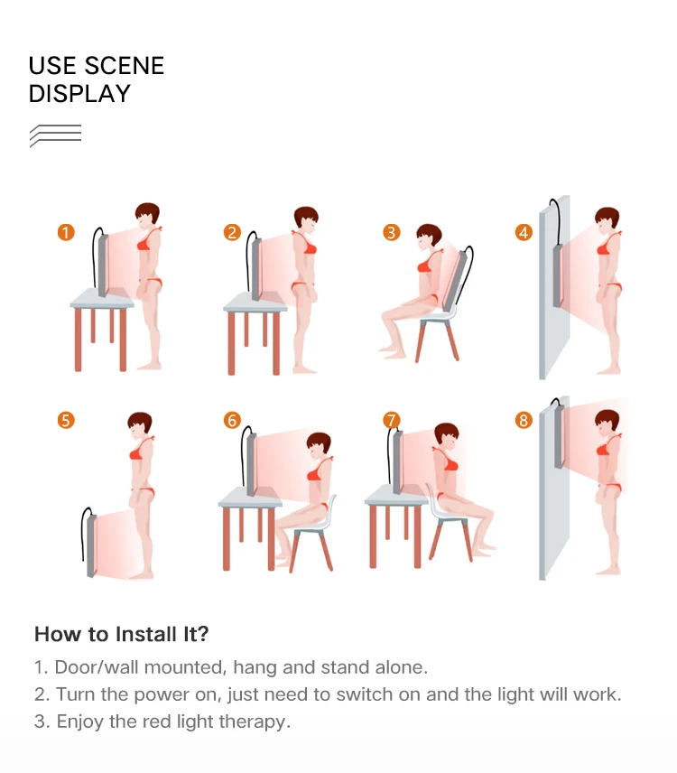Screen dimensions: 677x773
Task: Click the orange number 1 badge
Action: click(x=66, y=232)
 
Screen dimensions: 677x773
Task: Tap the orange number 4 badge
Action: click(x=524, y=232)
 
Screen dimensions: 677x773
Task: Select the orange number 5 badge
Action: click(x=66, y=421)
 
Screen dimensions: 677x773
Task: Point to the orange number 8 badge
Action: click(x=524, y=421)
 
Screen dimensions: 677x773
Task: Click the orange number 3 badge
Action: click(x=391, y=232)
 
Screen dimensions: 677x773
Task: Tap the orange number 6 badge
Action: click(x=232, y=421)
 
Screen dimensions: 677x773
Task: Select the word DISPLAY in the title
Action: click(x=79, y=94)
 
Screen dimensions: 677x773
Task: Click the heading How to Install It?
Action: click(x=121, y=634)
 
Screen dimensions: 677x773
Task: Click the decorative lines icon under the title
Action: click(x=55, y=135)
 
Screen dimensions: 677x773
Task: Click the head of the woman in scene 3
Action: click(x=428, y=238)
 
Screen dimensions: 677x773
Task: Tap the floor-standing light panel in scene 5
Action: click(x=92, y=545)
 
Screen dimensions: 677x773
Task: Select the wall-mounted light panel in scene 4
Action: click(x=558, y=275)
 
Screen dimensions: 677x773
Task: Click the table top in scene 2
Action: click(x=255, y=303)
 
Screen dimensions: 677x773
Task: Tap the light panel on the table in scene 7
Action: click(x=398, y=462)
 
